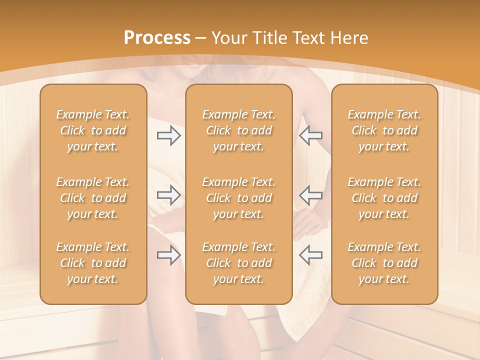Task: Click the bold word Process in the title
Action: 157,38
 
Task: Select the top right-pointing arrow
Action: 168,135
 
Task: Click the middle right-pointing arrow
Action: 168,194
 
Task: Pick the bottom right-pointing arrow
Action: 168,255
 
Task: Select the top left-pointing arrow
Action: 311,135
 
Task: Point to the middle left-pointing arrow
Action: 311,194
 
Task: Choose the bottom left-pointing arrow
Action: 311,255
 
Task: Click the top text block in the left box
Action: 93,130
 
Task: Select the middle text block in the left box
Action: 93,198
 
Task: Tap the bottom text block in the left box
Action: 93,263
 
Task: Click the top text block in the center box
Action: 239,130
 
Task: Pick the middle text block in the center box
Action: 239,198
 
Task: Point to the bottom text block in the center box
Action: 239,263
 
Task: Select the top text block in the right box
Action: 384,130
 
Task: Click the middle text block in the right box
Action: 384,198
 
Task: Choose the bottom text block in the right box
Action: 384,263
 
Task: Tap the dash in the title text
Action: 201,38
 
